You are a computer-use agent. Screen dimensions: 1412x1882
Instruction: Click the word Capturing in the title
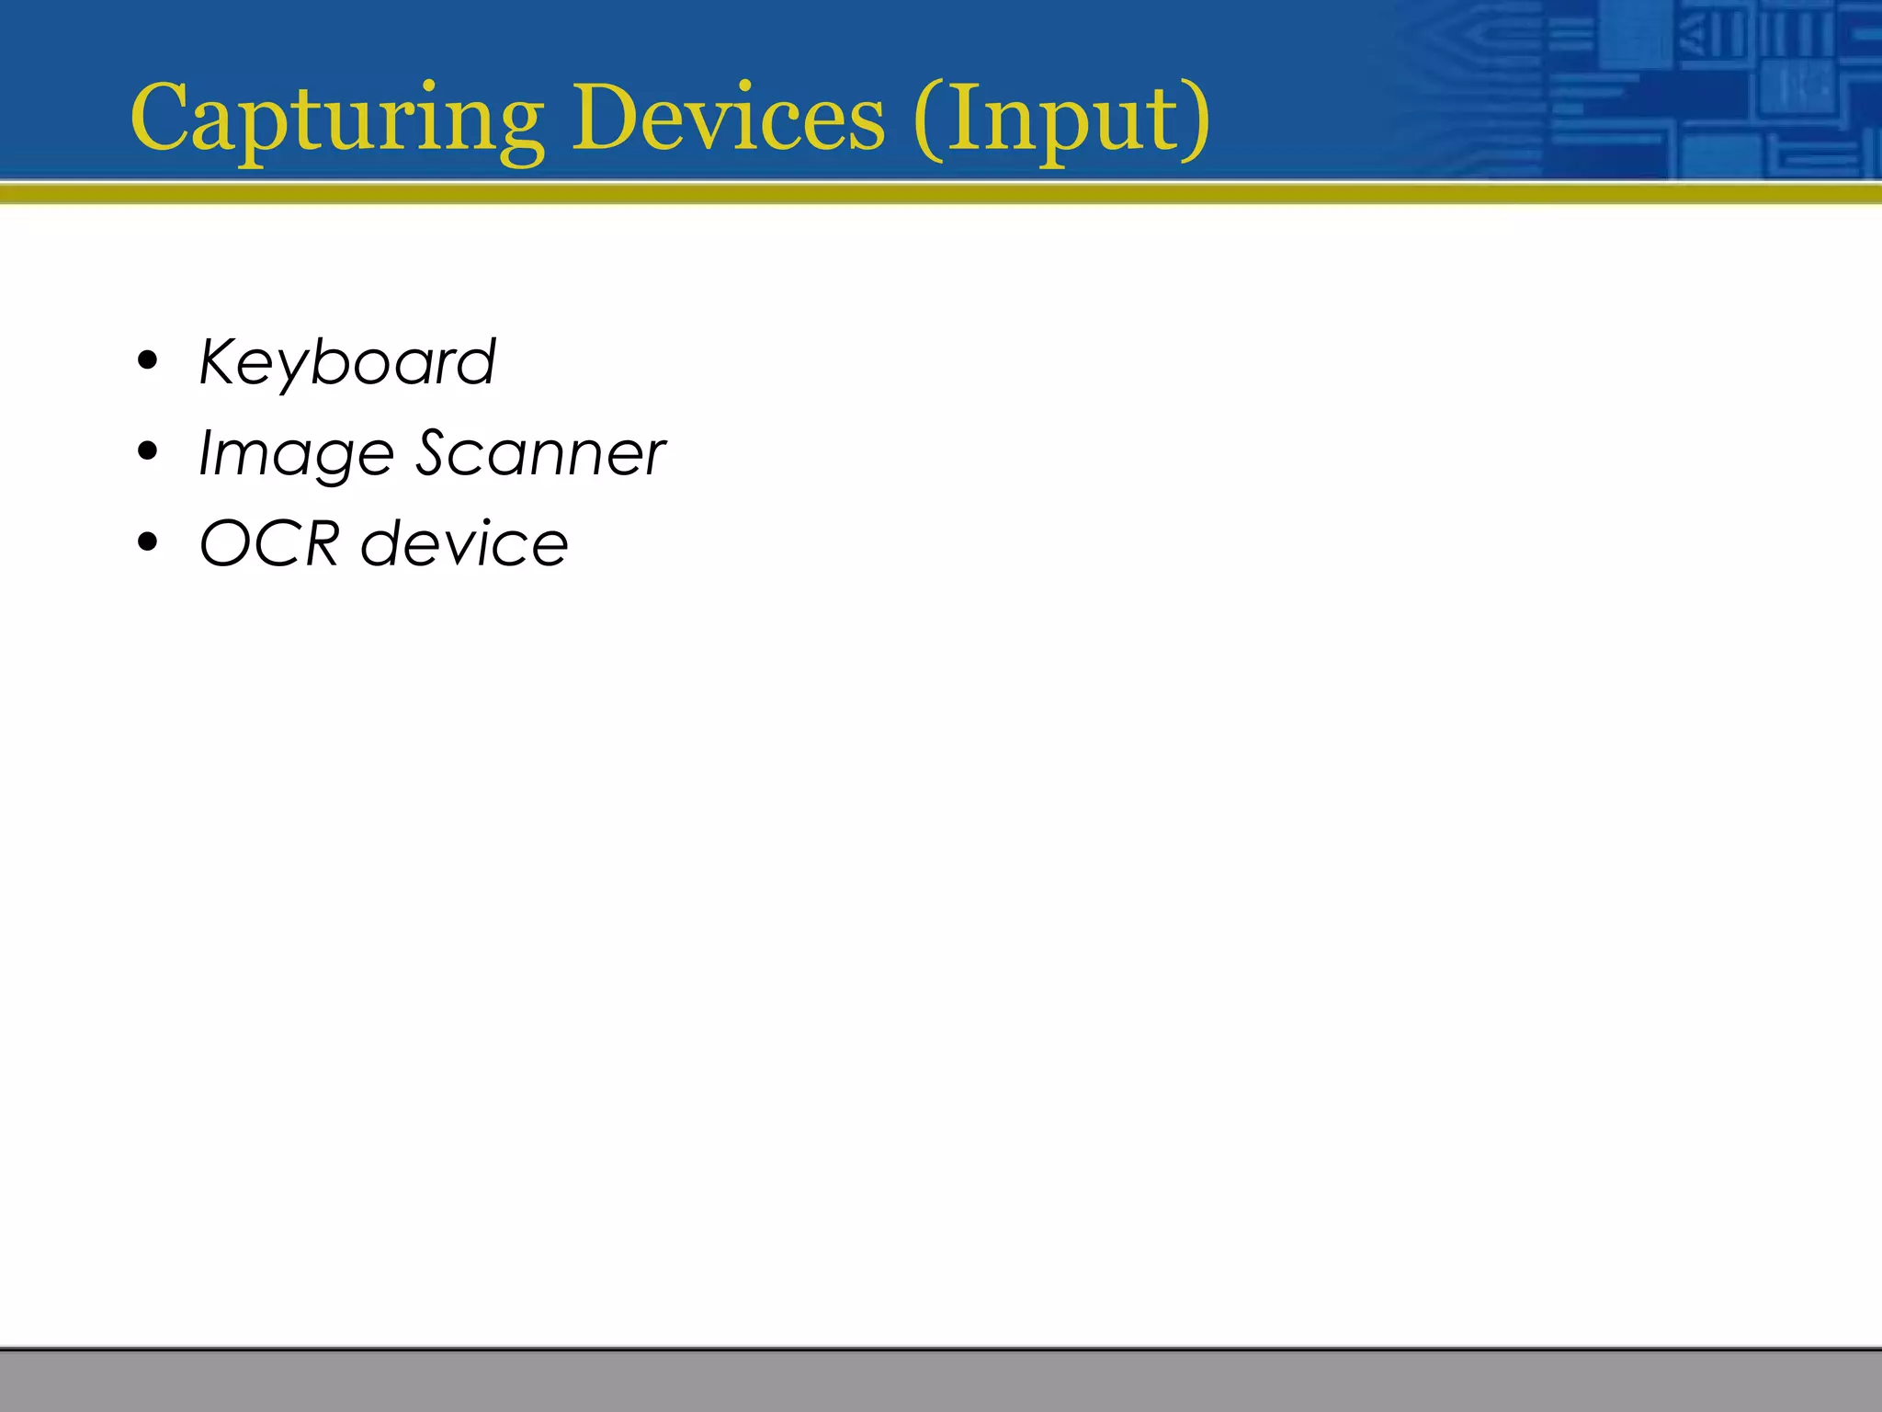[336, 120]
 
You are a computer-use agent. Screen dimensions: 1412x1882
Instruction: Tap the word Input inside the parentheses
[1061, 120]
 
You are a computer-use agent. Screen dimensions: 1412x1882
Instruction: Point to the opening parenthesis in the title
[928, 120]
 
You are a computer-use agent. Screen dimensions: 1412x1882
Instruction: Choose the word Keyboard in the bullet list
[347, 362]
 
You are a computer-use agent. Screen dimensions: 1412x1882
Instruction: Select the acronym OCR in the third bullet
[269, 543]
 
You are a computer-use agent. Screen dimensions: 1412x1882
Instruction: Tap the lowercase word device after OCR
[465, 543]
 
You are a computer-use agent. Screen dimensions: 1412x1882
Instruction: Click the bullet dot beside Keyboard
[147, 361]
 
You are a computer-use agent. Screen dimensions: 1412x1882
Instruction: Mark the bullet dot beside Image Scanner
[147, 452]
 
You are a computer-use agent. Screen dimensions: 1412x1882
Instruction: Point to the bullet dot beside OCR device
[147, 542]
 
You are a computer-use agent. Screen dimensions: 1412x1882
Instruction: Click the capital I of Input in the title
[961, 117]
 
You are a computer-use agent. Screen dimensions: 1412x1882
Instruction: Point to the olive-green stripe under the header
[941, 193]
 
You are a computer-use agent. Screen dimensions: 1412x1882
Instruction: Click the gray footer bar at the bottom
[941, 1381]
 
